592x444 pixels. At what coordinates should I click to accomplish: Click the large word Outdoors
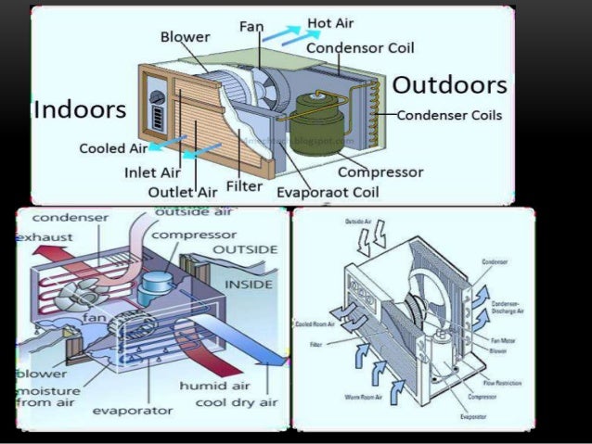click(x=449, y=85)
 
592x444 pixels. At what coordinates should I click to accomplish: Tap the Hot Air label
click(x=335, y=22)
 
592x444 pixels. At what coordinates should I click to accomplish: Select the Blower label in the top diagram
click(x=186, y=37)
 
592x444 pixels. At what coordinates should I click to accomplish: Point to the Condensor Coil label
click(x=360, y=46)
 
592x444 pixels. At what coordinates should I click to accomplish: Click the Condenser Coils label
click(x=450, y=116)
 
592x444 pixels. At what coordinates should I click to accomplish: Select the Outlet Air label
click(x=182, y=191)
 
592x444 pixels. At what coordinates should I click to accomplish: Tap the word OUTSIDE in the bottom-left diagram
click(x=245, y=250)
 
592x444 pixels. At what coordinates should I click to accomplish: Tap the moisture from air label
click(x=48, y=398)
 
